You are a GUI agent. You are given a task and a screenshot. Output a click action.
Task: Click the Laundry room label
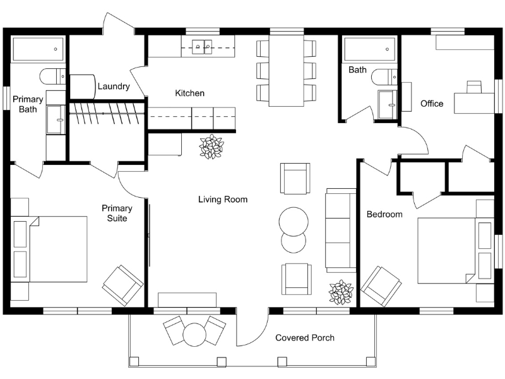(x=114, y=87)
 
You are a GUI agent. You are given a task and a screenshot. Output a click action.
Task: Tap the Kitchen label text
(x=189, y=93)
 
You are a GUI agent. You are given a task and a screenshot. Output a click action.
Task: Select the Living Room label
(x=223, y=200)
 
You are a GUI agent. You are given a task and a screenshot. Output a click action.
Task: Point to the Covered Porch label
(x=305, y=338)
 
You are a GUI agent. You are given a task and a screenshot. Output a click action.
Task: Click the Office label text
(x=432, y=104)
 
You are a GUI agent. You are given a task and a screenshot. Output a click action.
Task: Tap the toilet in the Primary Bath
(x=52, y=76)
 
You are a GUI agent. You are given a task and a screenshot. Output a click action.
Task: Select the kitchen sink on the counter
(x=202, y=45)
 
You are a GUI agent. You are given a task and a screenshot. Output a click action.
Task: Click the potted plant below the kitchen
(x=211, y=147)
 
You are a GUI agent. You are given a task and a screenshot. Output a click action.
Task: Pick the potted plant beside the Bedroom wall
(x=341, y=292)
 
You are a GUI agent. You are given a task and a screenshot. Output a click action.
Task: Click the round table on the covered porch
(x=195, y=333)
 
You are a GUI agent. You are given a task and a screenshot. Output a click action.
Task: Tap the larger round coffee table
(x=294, y=221)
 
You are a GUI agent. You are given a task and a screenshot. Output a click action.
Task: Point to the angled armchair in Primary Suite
(x=122, y=286)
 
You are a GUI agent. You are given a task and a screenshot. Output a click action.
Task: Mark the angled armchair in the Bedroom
(x=381, y=286)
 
